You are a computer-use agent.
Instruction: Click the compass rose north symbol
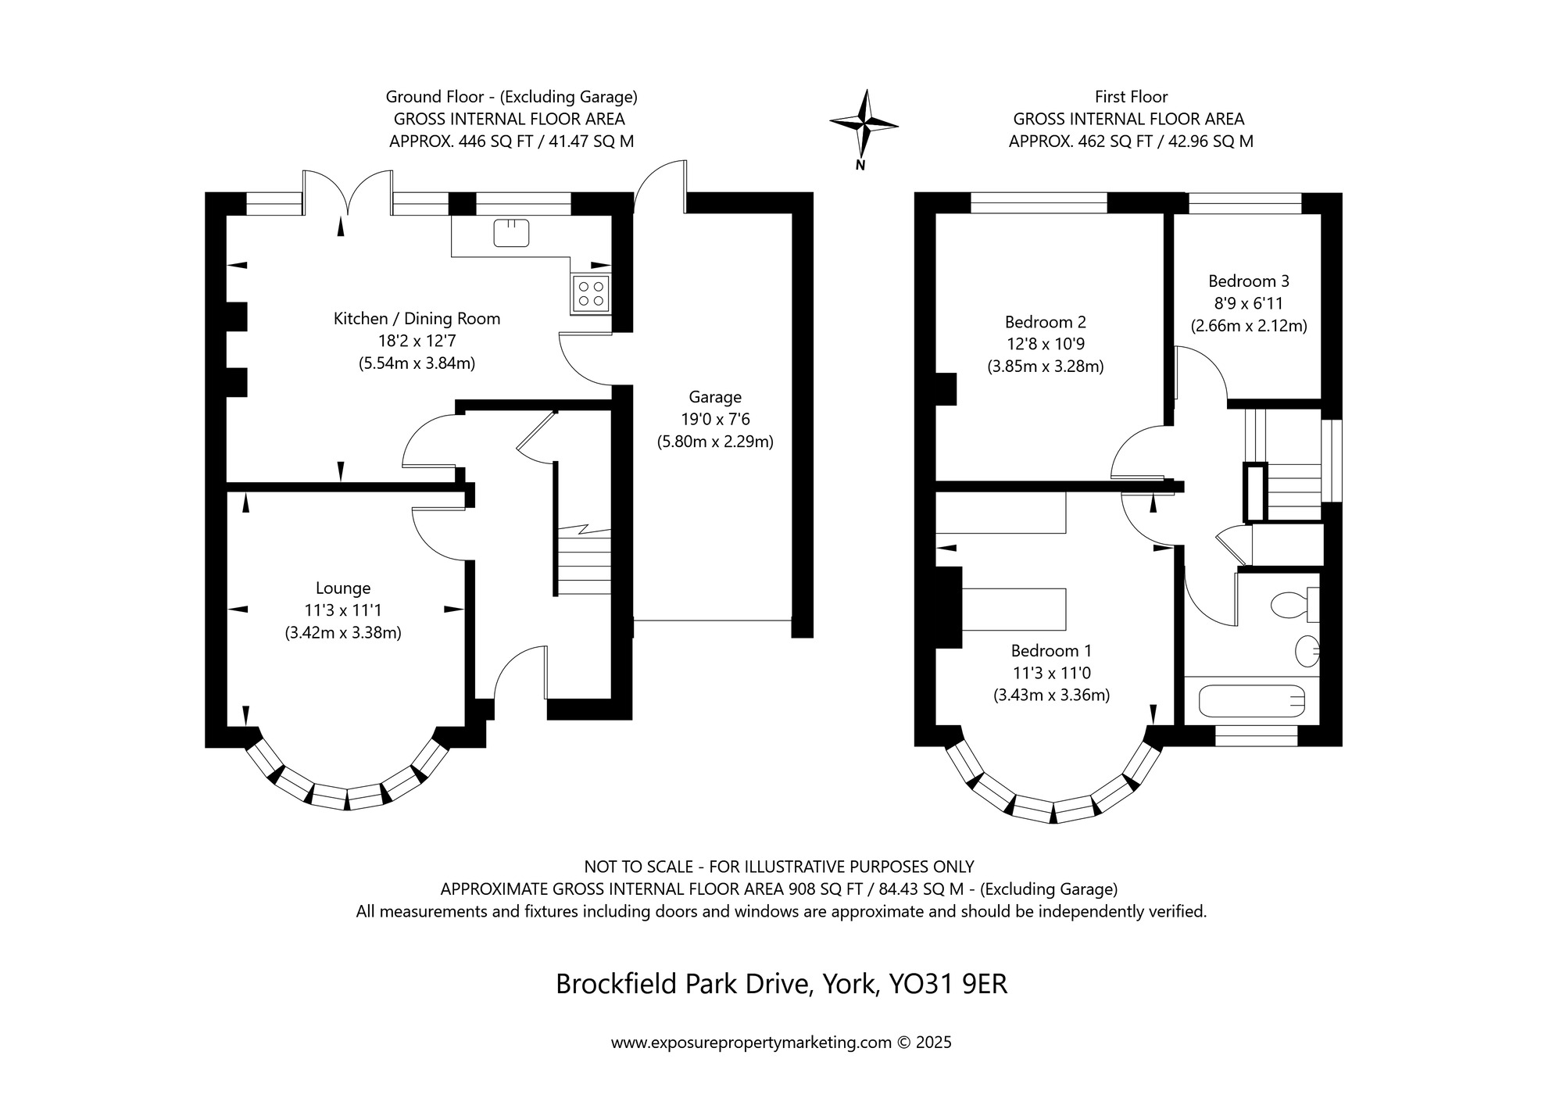pyautogui.click(x=864, y=123)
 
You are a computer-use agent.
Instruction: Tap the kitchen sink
pyautogui.click(x=512, y=233)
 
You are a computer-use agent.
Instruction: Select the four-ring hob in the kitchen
pyautogui.click(x=591, y=294)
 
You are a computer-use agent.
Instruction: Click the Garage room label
pyautogui.click(x=714, y=397)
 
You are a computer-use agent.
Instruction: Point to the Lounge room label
pyautogui.click(x=343, y=588)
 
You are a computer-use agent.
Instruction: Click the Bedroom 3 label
pyautogui.click(x=1248, y=281)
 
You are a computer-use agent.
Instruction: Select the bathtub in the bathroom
pyautogui.click(x=1251, y=701)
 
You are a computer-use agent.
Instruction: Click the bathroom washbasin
pyautogui.click(x=1307, y=649)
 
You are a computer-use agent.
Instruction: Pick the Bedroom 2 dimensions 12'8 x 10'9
pyautogui.click(x=1045, y=344)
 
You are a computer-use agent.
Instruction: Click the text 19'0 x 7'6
pyautogui.click(x=714, y=420)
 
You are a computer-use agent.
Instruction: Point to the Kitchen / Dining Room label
pyautogui.click(x=417, y=319)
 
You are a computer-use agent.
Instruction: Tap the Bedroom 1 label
pyautogui.click(x=1051, y=651)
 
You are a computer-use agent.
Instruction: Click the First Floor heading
pyautogui.click(x=1131, y=97)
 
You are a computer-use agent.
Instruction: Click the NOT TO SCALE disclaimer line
pyautogui.click(x=778, y=867)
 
